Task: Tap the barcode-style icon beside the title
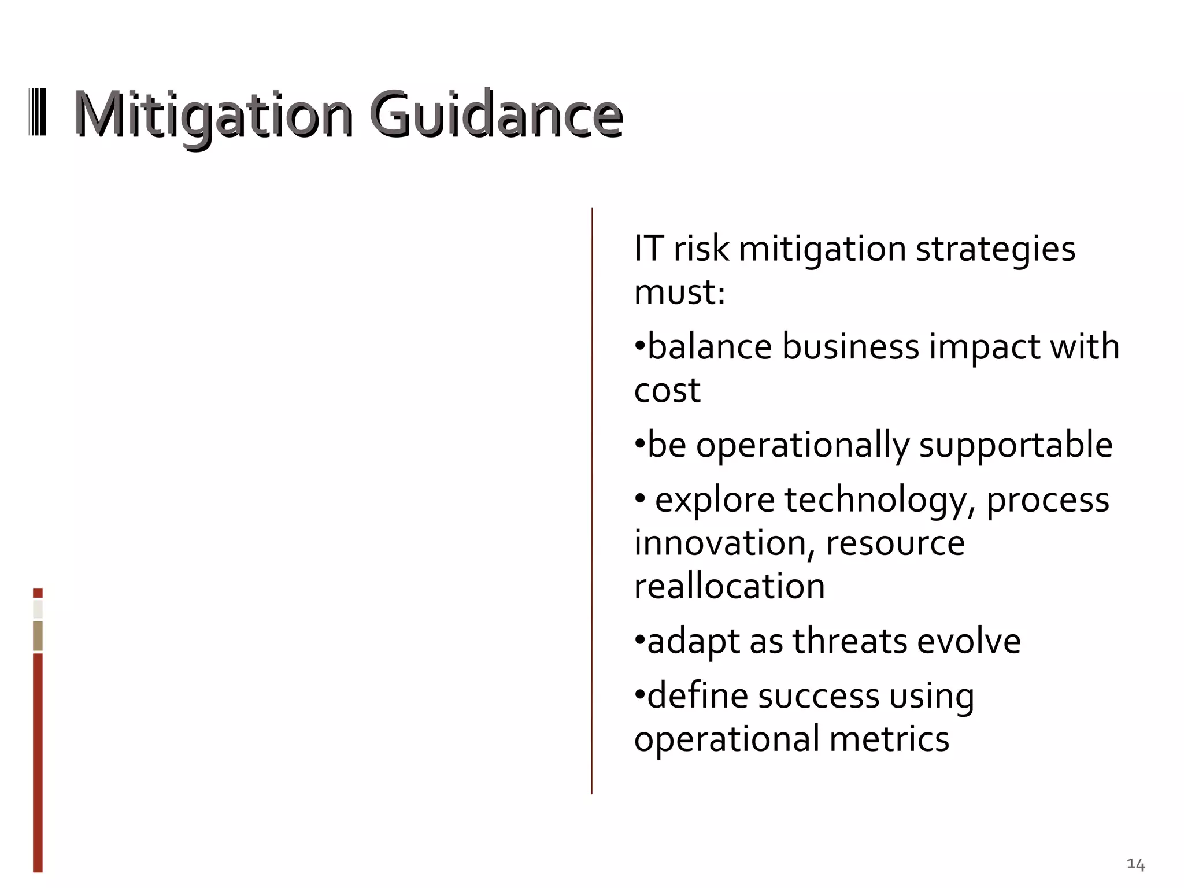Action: tap(38, 113)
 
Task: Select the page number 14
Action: tap(1135, 864)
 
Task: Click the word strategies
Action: tap(996, 250)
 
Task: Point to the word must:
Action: tap(679, 293)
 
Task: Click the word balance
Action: tap(709, 347)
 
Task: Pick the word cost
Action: tap(667, 391)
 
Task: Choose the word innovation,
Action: tap(724, 543)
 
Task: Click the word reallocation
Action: tap(730, 587)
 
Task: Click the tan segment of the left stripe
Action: tap(38, 636)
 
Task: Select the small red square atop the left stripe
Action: tap(38, 593)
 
